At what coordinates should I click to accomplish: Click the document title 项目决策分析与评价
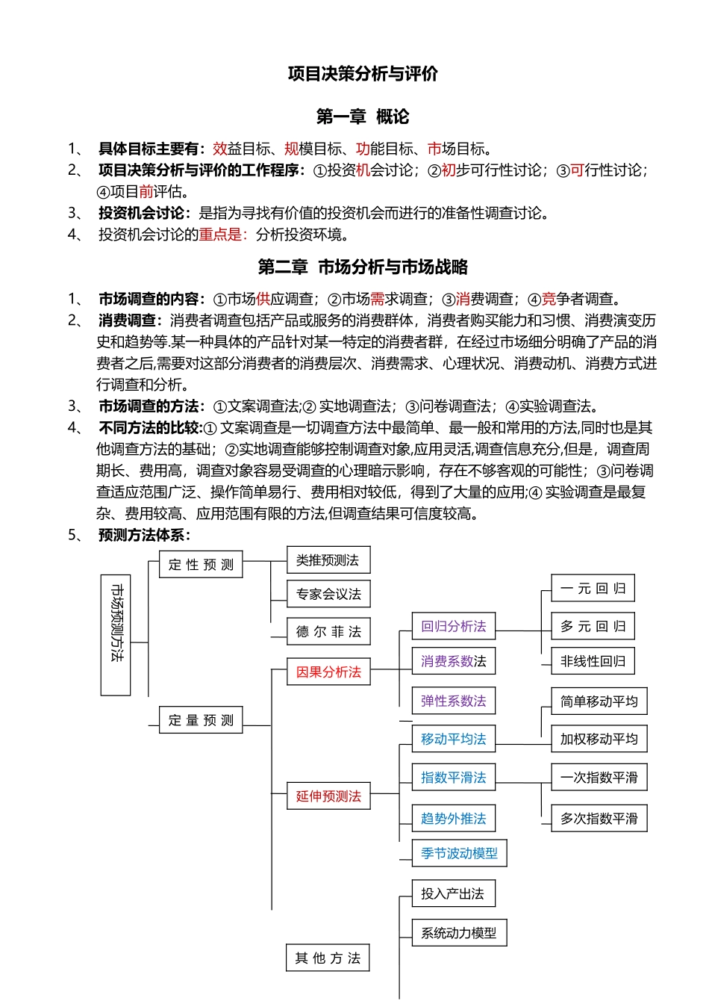(x=363, y=74)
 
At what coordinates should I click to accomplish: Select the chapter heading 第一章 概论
(x=363, y=117)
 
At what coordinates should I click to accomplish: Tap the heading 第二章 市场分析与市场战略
(x=363, y=267)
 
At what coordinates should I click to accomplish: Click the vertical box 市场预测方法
(x=116, y=635)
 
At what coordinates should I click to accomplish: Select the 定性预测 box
(x=201, y=565)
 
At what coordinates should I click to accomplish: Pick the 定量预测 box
(x=201, y=720)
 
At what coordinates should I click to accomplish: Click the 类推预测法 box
(x=328, y=560)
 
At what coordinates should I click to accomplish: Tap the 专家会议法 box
(x=328, y=595)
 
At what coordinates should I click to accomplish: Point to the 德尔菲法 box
(x=328, y=632)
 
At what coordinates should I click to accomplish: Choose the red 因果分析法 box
(x=328, y=672)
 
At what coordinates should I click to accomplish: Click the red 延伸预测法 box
(x=328, y=796)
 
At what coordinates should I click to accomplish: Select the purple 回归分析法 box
(x=453, y=627)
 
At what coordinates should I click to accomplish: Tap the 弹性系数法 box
(x=453, y=701)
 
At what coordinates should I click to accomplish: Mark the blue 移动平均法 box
(x=453, y=740)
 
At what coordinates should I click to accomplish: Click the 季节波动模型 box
(x=459, y=853)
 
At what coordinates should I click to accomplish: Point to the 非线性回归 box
(x=593, y=661)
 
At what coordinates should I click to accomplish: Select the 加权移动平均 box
(x=599, y=740)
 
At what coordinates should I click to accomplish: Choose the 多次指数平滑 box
(x=599, y=819)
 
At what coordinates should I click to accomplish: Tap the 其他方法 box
(x=328, y=958)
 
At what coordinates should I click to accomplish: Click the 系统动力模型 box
(x=459, y=933)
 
